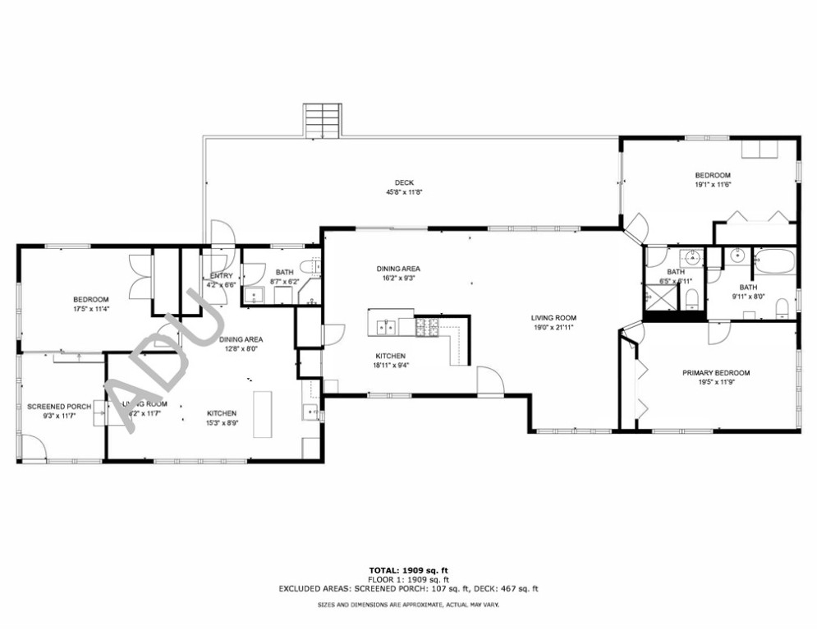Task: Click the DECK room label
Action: pyautogui.click(x=404, y=182)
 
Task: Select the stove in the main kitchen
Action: pyautogui.click(x=427, y=327)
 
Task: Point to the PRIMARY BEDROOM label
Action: pyautogui.click(x=716, y=372)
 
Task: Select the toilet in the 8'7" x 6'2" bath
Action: pyautogui.click(x=309, y=266)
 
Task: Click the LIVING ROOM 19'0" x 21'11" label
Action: pyautogui.click(x=553, y=318)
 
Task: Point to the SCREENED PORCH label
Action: pyautogui.click(x=58, y=407)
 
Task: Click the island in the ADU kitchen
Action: pyautogui.click(x=264, y=415)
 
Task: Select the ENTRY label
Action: pyautogui.click(x=222, y=275)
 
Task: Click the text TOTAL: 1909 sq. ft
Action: pyautogui.click(x=408, y=569)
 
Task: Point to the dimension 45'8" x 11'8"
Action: pyautogui.click(x=404, y=192)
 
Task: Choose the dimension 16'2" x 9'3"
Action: pyautogui.click(x=398, y=279)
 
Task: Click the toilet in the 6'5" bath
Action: pyautogui.click(x=691, y=296)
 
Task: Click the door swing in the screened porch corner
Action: pyautogui.click(x=33, y=448)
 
